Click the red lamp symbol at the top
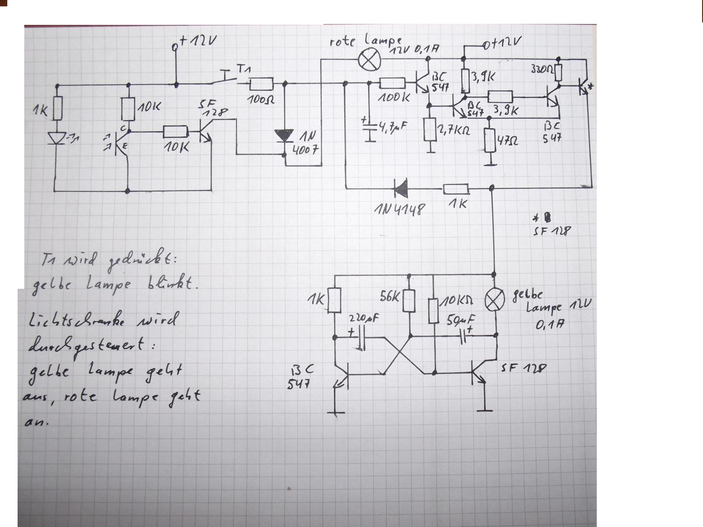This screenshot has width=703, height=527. click(x=369, y=60)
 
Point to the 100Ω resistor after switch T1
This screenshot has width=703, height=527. click(x=261, y=84)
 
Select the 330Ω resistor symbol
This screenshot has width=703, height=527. click(x=559, y=73)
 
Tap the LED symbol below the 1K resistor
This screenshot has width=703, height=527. click(x=57, y=137)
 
